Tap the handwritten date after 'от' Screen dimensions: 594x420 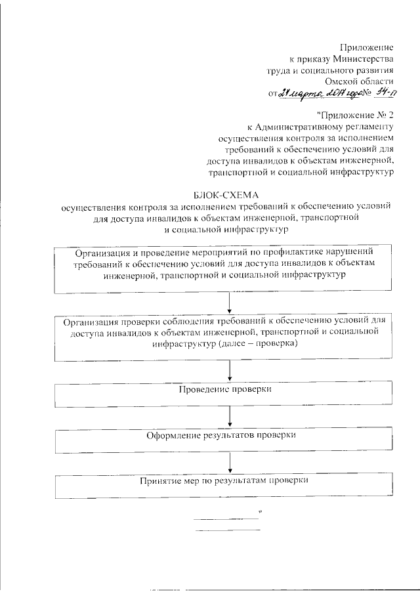(x=314, y=94)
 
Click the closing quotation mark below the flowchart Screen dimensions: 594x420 (x=260, y=510)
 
